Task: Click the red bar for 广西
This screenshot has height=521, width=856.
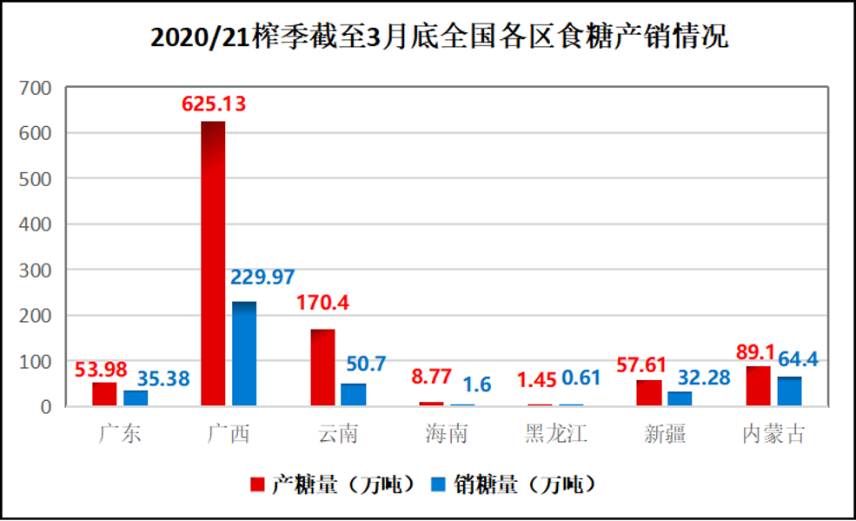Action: click(213, 264)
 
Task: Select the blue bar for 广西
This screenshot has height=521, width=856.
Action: click(244, 353)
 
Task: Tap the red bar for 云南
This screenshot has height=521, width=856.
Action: click(322, 367)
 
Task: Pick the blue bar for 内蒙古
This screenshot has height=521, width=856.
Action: click(789, 391)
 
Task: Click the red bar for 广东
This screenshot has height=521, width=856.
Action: click(104, 394)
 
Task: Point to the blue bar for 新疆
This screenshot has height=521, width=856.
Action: click(680, 398)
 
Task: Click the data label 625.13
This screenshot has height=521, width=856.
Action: click(214, 104)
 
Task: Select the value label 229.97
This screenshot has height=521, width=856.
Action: click(262, 277)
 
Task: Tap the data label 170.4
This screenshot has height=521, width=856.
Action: click(322, 305)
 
